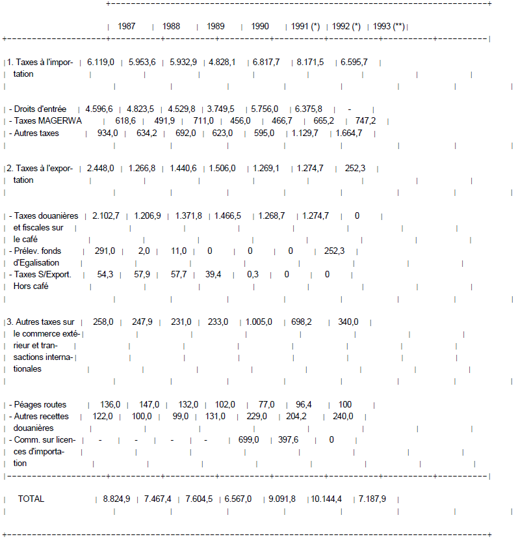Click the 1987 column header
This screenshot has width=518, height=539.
[127, 27]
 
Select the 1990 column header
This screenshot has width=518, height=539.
[259, 27]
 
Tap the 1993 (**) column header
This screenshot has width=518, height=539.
[389, 27]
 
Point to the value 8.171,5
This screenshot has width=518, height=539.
[310, 62]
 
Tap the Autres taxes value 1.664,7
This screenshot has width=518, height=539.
[349, 133]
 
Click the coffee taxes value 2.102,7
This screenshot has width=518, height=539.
[106, 215]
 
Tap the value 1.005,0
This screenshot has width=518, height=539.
[259, 322]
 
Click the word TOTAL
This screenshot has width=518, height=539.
[31, 499]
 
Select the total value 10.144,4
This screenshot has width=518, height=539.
[326, 499]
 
